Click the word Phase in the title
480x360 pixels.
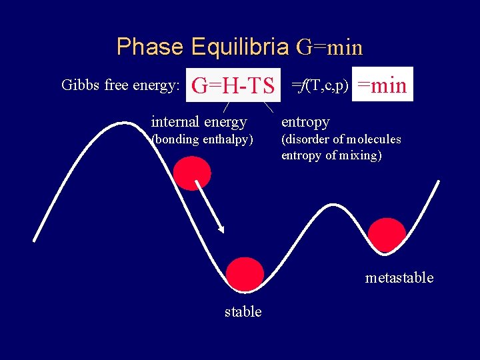point(149,47)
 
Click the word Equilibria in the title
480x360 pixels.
point(240,47)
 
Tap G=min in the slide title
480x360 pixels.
point(329,47)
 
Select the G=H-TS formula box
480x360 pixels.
point(233,85)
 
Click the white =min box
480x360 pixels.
point(383,85)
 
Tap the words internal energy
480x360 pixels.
point(199,122)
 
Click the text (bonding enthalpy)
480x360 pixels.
point(202,139)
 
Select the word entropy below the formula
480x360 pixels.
point(305,122)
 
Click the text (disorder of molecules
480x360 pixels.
point(341,139)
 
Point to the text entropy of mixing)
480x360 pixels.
point(331,155)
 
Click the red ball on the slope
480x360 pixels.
point(192,173)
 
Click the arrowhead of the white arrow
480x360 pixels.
point(221,229)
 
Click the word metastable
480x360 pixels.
point(399,277)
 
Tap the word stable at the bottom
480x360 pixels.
point(243,311)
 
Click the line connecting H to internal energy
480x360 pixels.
point(227,106)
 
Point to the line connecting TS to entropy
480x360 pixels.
point(268,106)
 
